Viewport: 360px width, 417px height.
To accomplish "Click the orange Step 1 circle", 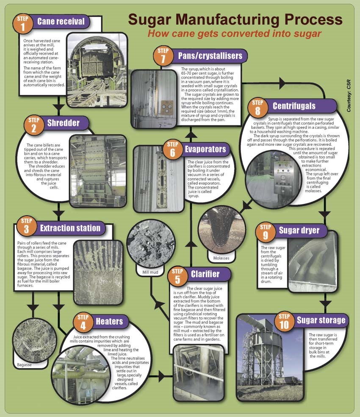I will pos(25,24).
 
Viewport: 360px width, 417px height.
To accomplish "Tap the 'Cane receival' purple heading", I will pos(61,22).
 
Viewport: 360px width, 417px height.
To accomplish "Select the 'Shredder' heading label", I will pos(63,123).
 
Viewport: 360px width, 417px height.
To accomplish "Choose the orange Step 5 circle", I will pos(177,276).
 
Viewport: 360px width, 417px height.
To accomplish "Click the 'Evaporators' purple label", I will pos(205,149).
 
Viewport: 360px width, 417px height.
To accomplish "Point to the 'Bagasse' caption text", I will pos(25,364).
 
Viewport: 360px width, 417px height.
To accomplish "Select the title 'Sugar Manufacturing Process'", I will pos(235,19).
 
